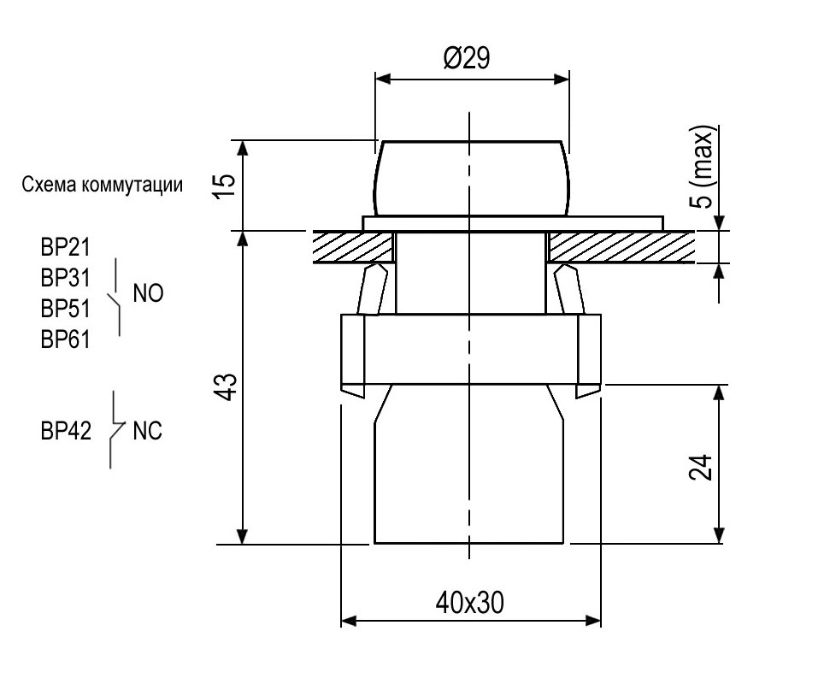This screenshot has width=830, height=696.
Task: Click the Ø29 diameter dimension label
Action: pos(466,59)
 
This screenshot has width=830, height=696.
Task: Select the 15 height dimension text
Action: pos(223,185)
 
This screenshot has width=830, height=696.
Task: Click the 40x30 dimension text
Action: pos(469,603)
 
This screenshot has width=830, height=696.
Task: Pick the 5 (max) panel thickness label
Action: pos(703,168)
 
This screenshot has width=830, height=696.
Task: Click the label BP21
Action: pos(66,248)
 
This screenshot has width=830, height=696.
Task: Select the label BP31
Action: pos(66,278)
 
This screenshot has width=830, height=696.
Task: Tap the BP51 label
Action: pos(66,308)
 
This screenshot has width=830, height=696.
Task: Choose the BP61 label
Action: pos(66,339)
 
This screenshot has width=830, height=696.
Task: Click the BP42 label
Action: pos(66,431)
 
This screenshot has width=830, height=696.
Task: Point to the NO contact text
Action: pos(148,293)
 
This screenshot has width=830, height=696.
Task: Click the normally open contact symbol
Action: pos(115,299)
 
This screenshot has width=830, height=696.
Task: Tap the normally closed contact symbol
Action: pos(115,430)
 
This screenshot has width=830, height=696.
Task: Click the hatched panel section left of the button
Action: pos(350,247)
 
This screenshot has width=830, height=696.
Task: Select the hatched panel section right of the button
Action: pos(620,247)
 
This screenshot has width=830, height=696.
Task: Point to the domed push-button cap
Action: pos(469,178)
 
